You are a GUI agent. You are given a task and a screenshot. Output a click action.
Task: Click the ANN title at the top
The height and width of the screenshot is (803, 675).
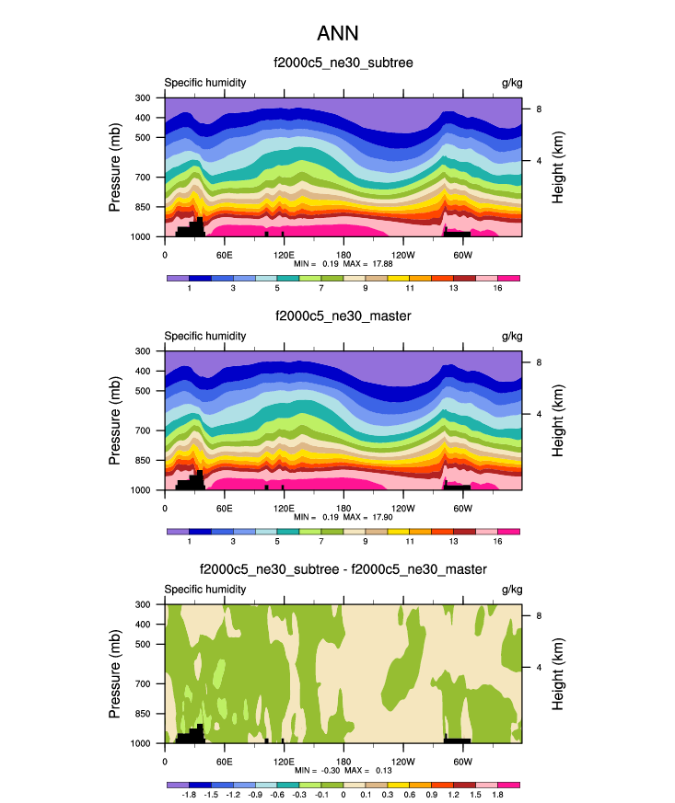[337, 34]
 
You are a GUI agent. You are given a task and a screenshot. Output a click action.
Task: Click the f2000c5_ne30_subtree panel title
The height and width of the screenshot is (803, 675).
[343, 63]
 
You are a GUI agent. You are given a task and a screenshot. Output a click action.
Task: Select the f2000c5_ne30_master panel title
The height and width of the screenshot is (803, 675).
[343, 316]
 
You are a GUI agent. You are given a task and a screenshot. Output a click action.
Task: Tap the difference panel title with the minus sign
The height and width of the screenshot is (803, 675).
[343, 570]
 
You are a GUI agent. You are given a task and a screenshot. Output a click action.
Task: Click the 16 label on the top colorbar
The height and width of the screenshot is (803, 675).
[497, 289]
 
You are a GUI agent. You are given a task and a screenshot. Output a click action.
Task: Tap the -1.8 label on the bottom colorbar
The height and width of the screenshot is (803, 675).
[189, 796]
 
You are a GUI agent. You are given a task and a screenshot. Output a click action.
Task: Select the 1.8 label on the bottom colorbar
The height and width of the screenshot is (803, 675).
[497, 796]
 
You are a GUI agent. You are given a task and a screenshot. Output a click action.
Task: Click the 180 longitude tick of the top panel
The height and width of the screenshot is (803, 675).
[343, 254]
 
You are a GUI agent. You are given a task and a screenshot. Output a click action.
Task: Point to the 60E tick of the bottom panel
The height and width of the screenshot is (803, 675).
[224, 762]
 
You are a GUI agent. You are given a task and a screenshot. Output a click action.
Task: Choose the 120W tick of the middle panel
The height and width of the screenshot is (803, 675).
[402, 508]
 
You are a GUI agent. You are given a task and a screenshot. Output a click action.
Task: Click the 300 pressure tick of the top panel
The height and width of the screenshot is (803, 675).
[143, 98]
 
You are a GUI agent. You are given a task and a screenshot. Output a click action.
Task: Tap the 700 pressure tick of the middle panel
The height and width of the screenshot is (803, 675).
[143, 430]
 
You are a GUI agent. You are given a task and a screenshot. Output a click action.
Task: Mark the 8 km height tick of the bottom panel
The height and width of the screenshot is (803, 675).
[538, 616]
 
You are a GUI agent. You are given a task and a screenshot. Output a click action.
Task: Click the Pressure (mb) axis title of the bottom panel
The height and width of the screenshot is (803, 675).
[115, 673]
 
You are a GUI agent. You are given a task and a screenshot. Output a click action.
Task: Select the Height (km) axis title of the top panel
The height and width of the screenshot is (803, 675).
[558, 166]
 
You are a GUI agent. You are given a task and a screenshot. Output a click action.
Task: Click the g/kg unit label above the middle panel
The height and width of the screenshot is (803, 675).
[511, 336]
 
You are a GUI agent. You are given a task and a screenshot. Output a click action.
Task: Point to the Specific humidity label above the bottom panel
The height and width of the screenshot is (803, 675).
[204, 590]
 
